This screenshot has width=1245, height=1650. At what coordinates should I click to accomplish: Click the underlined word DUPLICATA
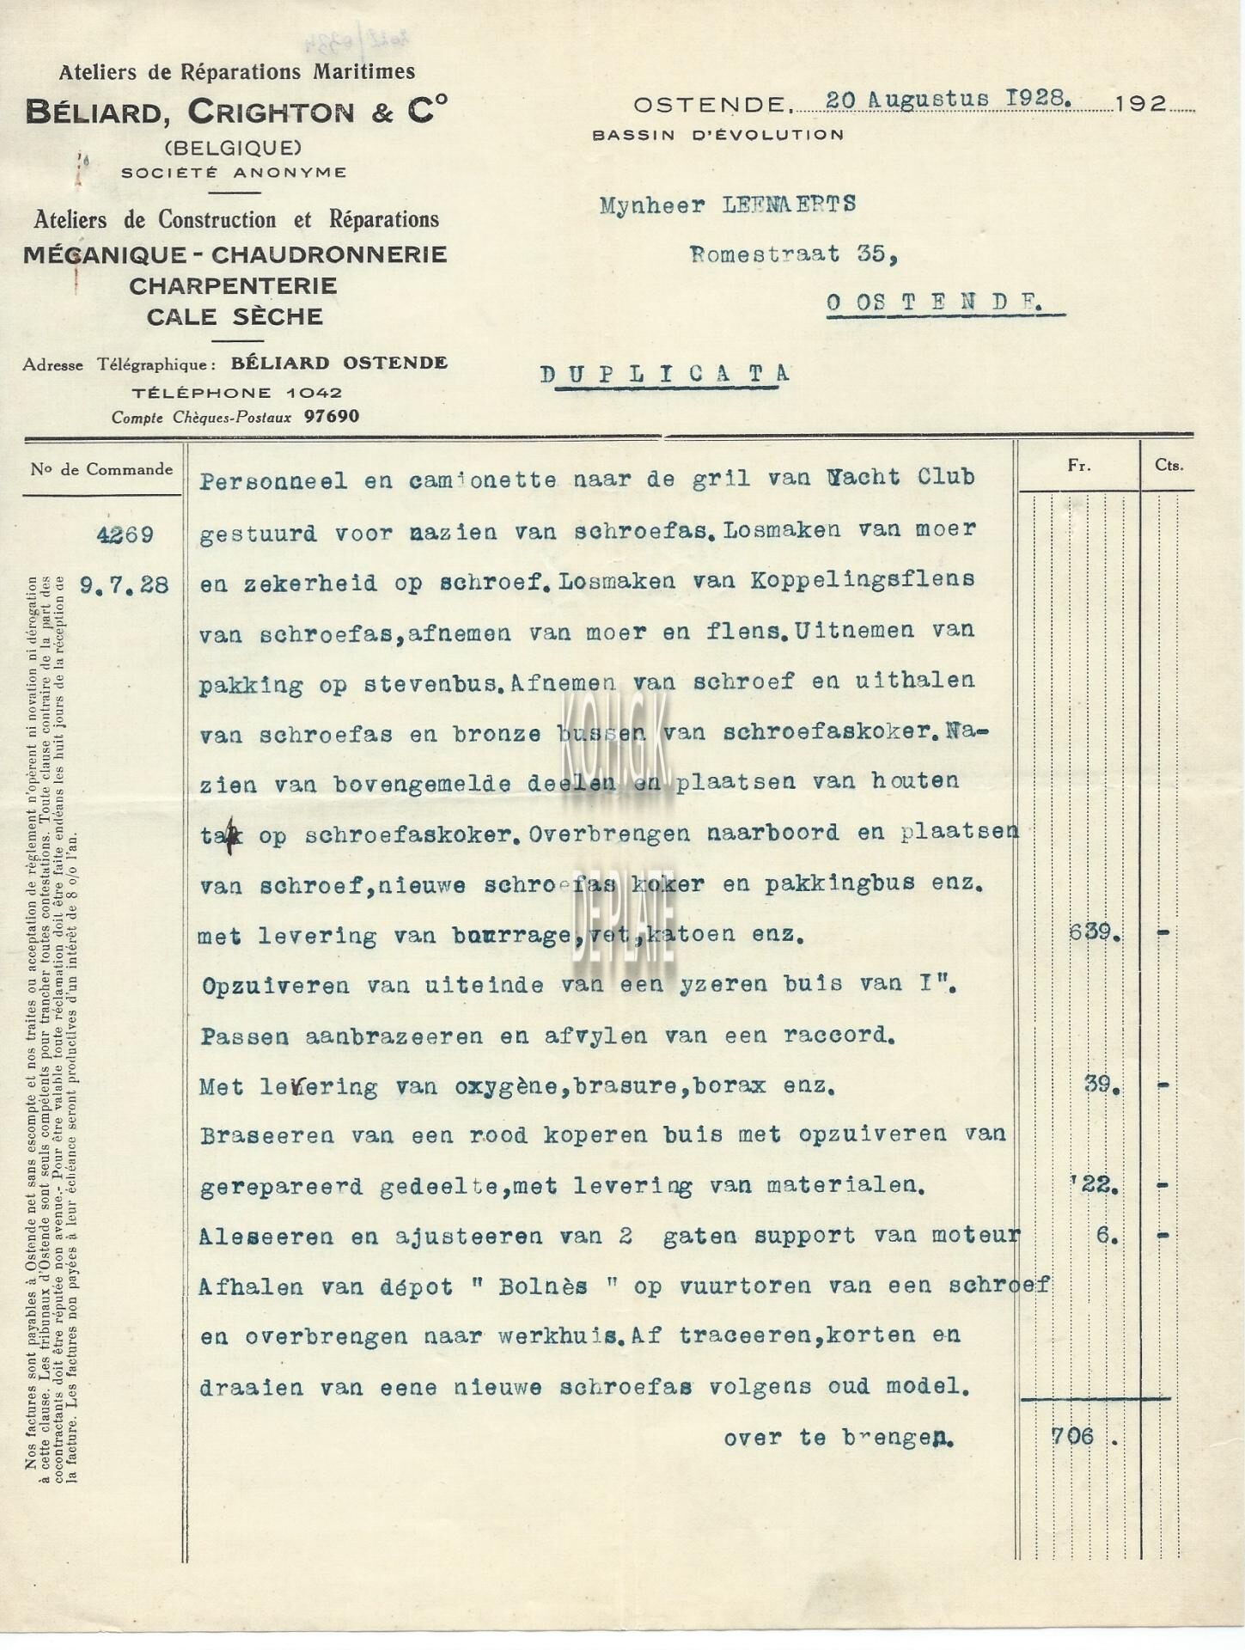[665, 373]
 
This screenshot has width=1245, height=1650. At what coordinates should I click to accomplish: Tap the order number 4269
[125, 535]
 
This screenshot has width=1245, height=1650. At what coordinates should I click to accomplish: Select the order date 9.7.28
[124, 586]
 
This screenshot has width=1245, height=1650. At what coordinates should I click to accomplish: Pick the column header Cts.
[1169, 465]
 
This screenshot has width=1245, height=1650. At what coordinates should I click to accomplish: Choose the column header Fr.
[1079, 465]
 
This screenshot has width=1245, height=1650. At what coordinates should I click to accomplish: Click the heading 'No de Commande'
[101, 469]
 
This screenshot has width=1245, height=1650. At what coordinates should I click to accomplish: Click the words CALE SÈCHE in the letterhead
[235, 316]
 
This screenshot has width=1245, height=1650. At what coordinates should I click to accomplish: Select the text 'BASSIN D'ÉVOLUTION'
[717, 134]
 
